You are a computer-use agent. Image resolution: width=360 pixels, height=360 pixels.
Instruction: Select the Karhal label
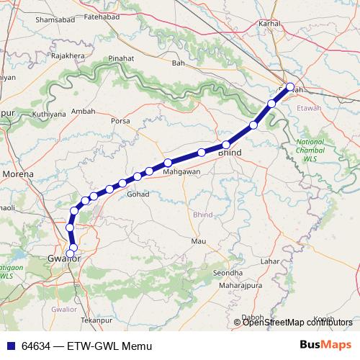coord(269,23)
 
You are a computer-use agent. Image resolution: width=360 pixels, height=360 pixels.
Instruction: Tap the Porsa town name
coord(120,121)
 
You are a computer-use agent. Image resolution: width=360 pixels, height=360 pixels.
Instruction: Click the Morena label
coord(19,174)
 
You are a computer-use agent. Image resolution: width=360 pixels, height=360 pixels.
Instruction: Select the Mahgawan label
coord(179,172)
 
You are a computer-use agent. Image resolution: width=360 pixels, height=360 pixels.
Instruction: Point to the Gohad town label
coord(138,194)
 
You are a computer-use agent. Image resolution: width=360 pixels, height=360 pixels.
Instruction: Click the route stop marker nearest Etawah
coord(290,88)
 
